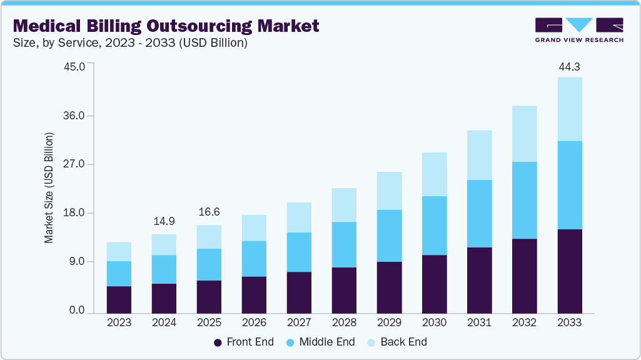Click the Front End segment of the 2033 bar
(569, 271)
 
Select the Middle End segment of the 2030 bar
(434, 225)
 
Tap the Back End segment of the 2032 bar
(524, 133)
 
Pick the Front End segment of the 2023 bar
(119, 299)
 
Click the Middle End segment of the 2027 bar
(299, 252)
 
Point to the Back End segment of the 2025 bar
(209, 236)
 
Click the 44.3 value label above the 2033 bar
(569, 66)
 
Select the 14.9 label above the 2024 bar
(164, 222)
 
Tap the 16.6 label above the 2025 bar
(209, 212)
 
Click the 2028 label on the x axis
(344, 323)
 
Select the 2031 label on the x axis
(479, 323)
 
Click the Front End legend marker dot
(218, 342)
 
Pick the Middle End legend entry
(320, 342)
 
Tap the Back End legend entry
(398, 342)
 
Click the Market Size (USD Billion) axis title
(49, 188)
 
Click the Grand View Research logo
(579, 30)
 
